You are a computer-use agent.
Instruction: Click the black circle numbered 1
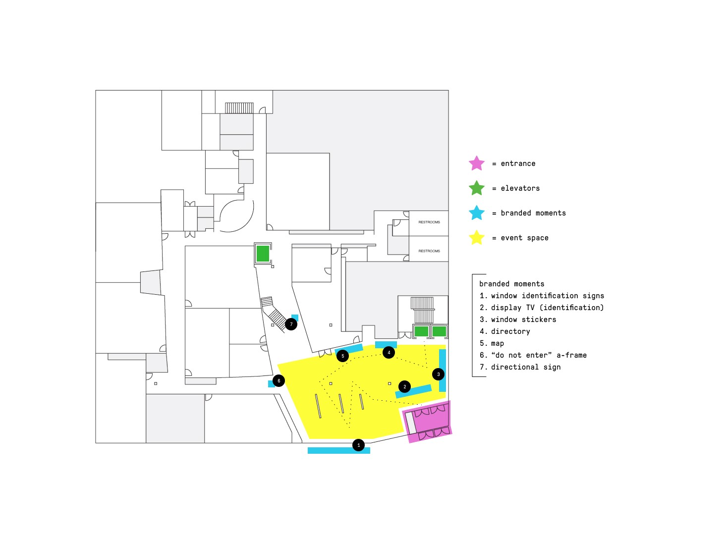(x=359, y=445)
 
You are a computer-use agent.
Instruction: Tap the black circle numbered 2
(x=404, y=386)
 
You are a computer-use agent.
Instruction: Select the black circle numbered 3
(x=438, y=374)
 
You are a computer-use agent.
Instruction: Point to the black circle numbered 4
(x=389, y=353)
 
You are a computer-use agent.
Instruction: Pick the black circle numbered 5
(x=342, y=356)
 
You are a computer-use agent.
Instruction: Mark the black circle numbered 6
(x=279, y=380)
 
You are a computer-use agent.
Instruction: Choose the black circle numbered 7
(x=291, y=324)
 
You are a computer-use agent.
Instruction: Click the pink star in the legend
(x=477, y=163)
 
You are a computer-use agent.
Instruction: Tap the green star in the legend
(x=477, y=188)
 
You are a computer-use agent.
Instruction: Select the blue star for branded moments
(x=477, y=213)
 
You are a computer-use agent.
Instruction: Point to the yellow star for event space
(x=477, y=238)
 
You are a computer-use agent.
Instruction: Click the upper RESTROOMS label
(x=429, y=222)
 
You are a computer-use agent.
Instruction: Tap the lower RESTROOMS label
(x=429, y=251)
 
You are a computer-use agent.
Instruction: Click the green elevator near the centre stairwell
(x=263, y=254)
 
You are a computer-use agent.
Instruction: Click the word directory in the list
(x=510, y=331)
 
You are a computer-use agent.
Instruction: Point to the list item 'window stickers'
(x=523, y=320)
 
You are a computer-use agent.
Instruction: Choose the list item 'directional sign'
(x=526, y=367)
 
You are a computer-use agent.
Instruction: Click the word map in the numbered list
(x=498, y=343)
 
